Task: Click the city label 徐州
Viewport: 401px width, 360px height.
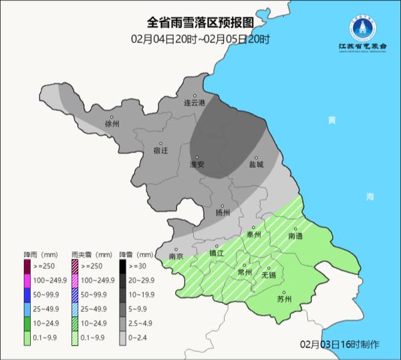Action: coord(111,124)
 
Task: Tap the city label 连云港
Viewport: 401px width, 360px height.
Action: coord(194,102)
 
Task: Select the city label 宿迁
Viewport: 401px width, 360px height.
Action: coord(160,151)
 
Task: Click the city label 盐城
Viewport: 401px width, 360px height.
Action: coord(256,164)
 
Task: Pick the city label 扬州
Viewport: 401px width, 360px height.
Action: coord(223,213)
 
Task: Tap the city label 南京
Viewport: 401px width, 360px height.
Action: coord(176,256)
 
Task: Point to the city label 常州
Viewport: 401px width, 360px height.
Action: coord(245,272)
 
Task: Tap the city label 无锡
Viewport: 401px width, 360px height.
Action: coord(268,275)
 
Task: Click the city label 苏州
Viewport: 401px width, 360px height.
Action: coord(284,299)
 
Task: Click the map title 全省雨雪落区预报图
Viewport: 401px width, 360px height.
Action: coord(200,25)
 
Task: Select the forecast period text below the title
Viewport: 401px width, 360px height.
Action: coord(200,39)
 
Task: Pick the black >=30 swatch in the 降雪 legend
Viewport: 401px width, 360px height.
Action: coord(125,266)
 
